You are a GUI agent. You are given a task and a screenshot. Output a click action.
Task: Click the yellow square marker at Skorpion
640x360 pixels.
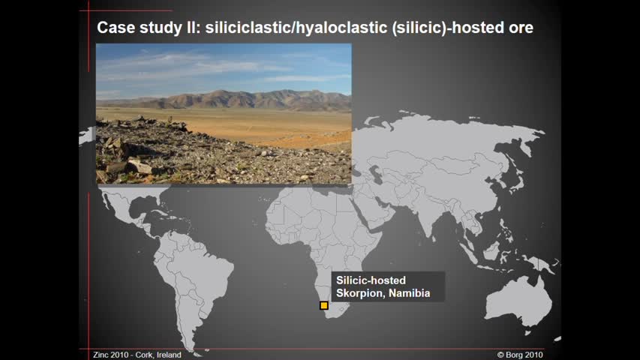tap(324, 305)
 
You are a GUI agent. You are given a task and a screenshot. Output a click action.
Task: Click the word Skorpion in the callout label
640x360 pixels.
tap(360, 293)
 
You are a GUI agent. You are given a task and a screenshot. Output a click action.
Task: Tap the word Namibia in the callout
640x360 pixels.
tap(410, 293)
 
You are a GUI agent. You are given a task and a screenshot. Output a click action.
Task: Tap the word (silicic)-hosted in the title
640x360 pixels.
tap(448, 28)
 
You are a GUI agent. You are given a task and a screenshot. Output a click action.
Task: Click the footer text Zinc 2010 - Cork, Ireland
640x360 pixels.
tap(137, 355)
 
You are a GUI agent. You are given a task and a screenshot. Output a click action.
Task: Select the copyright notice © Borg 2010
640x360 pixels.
tap(520, 355)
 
